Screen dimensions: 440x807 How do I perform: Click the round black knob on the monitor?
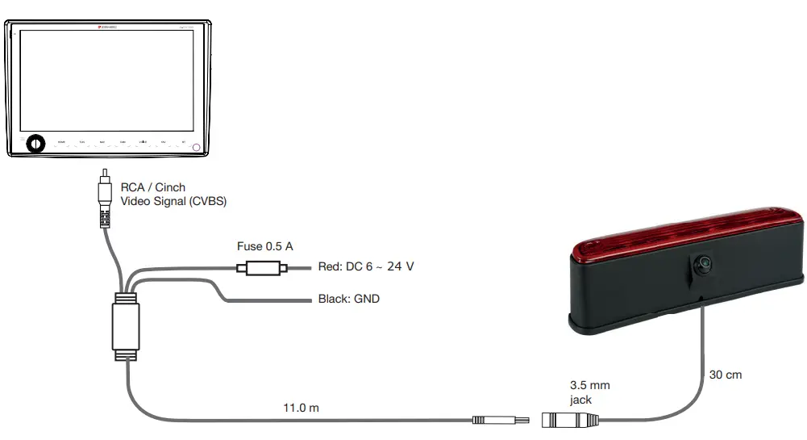click(34, 144)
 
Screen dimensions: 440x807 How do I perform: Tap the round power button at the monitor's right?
click(196, 148)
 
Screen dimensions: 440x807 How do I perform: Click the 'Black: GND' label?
click(348, 300)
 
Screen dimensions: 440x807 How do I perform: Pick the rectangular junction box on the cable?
click(126, 328)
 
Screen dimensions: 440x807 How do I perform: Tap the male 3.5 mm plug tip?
click(500, 420)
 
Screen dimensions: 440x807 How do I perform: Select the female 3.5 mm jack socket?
click(570, 420)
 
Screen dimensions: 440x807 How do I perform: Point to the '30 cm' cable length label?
click(726, 375)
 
